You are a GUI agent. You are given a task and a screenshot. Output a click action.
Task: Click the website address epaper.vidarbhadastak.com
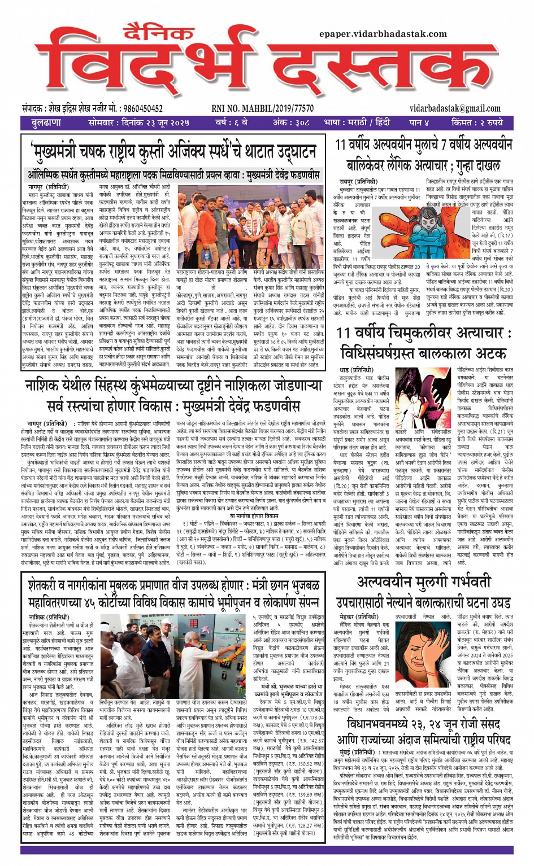click(x=383, y=34)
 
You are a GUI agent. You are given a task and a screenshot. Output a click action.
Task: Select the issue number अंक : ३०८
click(x=291, y=123)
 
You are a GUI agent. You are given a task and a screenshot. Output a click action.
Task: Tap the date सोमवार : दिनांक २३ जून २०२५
click(x=138, y=123)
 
